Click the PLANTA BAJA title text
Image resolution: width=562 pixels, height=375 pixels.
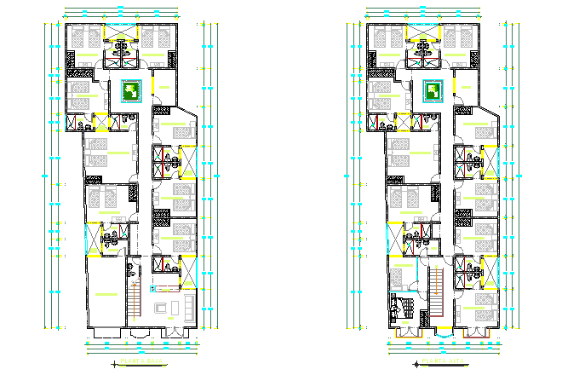(140, 363)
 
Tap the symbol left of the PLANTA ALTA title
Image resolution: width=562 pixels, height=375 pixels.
(417, 363)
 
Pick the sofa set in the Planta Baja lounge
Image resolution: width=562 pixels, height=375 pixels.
(166, 305)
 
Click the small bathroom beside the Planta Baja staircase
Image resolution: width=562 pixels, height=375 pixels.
(131, 274)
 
